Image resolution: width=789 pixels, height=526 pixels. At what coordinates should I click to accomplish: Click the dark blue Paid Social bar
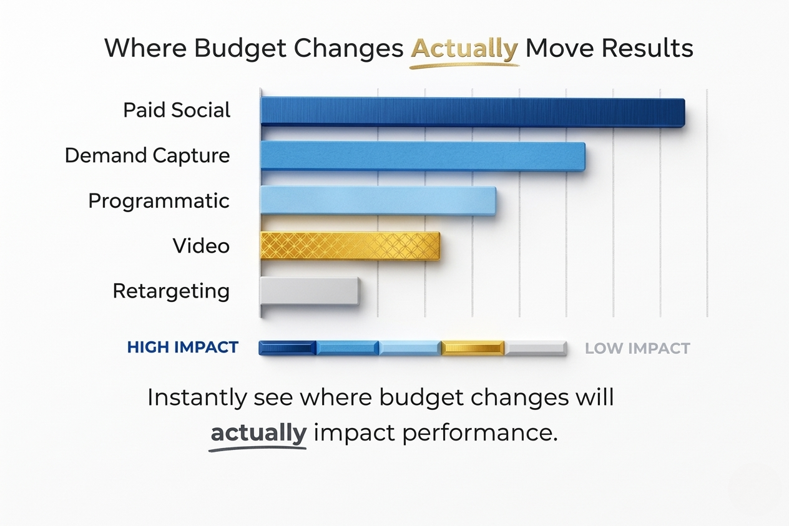click(472, 112)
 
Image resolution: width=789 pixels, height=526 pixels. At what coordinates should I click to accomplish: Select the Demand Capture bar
click(422, 156)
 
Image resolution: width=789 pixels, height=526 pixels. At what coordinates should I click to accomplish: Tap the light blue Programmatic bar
click(378, 201)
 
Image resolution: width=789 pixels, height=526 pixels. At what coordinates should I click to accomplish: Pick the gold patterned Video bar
click(350, 246)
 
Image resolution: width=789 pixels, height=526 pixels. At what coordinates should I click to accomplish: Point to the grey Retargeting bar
click(310, 291)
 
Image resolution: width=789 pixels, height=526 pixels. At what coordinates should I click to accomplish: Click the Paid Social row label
click(177, 110)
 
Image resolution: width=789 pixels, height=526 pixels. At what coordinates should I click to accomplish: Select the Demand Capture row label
click(147, 155)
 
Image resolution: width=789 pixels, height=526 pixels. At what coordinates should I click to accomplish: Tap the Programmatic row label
click(159, 201)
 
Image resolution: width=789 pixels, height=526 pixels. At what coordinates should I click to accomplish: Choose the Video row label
click(201, 246)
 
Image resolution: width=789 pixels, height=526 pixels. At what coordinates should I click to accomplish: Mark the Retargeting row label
click(171, 291)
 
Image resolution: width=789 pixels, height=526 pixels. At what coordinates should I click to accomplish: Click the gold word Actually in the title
click(464, 48)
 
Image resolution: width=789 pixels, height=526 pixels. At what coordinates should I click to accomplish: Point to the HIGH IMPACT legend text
click(183, 348)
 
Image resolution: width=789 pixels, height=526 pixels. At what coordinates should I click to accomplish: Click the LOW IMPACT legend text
click(637, 348)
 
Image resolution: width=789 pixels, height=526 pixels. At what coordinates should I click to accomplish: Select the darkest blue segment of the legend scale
click(288, 348)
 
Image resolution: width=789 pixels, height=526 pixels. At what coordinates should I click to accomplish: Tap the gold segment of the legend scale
click(473, 348)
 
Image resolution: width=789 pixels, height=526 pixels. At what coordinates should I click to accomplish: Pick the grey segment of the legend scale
click(536, 348)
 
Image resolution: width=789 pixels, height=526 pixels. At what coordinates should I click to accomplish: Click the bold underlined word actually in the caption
click(258, 432)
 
